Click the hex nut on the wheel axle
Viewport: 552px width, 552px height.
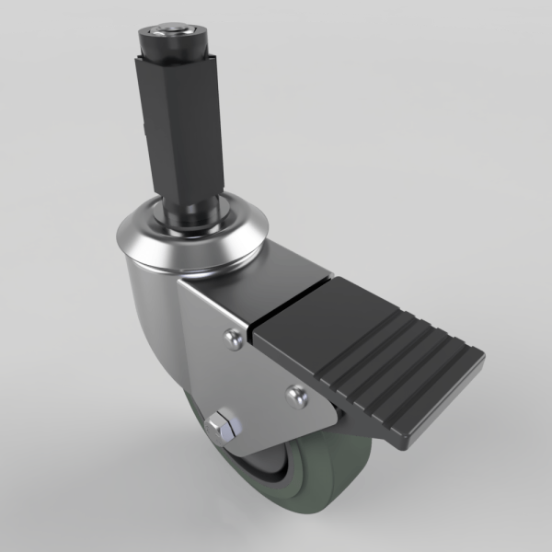223,426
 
